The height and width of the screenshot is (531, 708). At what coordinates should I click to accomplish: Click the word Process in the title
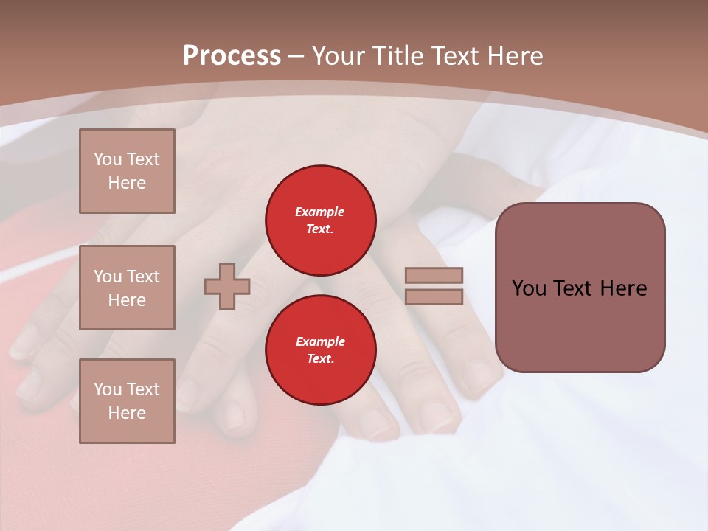click(232, 56)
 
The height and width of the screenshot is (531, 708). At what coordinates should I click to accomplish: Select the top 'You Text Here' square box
click(127, 171)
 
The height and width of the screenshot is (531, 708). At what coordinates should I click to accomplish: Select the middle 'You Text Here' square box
click(127, 288)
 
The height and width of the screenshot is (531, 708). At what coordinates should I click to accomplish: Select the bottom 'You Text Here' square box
click(127, 401)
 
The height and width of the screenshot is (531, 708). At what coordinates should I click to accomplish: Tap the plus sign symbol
click(227, 287)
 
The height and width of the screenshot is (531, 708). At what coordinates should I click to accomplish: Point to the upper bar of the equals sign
click(434, 276)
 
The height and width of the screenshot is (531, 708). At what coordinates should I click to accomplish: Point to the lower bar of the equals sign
click(434, 297)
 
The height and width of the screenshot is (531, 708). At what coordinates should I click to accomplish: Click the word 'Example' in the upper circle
click(320, 212)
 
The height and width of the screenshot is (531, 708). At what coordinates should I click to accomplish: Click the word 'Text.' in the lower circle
click(320, 358)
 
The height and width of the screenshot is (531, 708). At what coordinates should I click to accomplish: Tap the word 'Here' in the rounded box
click(623, 288)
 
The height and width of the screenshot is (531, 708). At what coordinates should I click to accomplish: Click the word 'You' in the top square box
click(107, 159)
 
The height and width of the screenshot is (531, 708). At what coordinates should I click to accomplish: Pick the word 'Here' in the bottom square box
click(127, 413)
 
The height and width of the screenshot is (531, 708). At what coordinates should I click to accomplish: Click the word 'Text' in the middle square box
click(143, 277)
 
